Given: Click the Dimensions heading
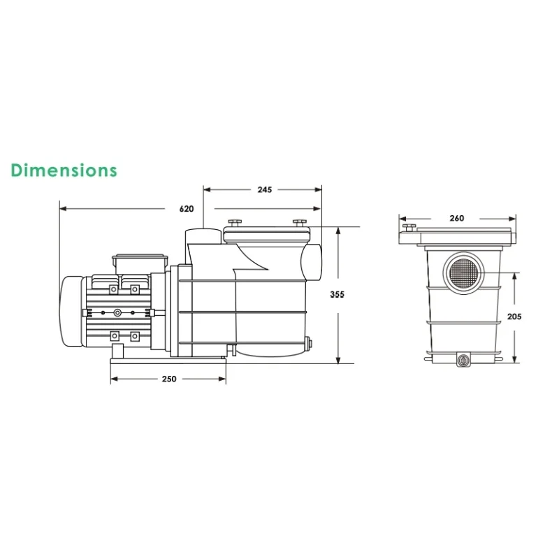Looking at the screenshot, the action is click(64, 170).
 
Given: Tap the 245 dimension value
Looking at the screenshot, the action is click(265, 189).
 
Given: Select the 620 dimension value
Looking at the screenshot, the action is click(187, 208).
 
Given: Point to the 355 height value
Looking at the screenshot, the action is click(337, 294).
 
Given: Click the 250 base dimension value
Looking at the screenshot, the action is click(169, 379).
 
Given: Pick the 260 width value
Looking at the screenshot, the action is click(457, 218).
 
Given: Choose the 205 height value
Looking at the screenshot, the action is click(514, 317).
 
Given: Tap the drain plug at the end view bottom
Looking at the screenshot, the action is click(463, 359).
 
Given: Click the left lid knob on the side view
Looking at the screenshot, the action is click(234, 223).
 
